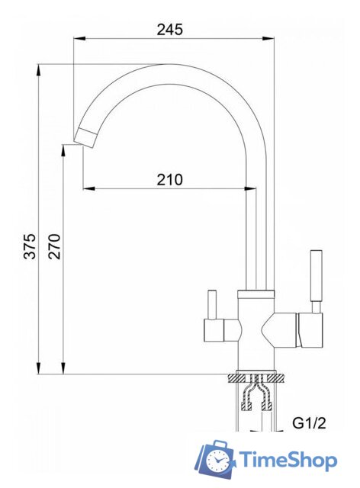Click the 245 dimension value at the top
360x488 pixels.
171,29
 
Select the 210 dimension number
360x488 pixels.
169,180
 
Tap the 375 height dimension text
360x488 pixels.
30,246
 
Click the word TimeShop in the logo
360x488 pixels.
288,460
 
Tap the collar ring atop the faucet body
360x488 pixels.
256,294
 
